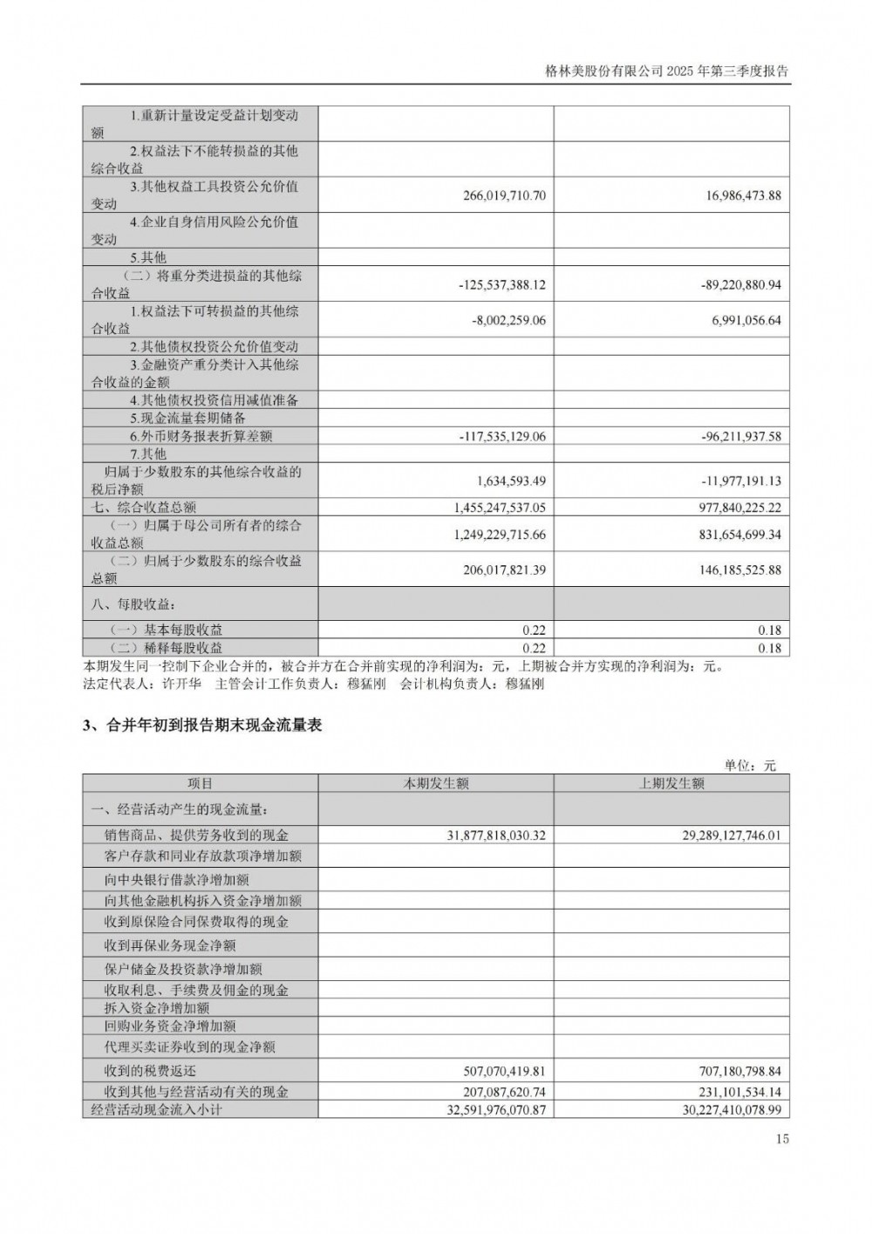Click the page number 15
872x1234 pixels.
(782, 1139)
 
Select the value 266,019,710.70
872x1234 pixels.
(504, 195)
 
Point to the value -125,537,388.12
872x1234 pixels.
(501, 284)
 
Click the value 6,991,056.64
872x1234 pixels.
(744, 320)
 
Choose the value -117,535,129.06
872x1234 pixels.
(501, 436)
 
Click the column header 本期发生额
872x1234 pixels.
(435, 783)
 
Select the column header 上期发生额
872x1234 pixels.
(671, 783)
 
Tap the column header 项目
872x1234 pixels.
(201, 783)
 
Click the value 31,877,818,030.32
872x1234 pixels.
(496, 835)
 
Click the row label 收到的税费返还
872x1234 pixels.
(151, 1071)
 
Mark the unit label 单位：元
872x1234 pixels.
(750, 765)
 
